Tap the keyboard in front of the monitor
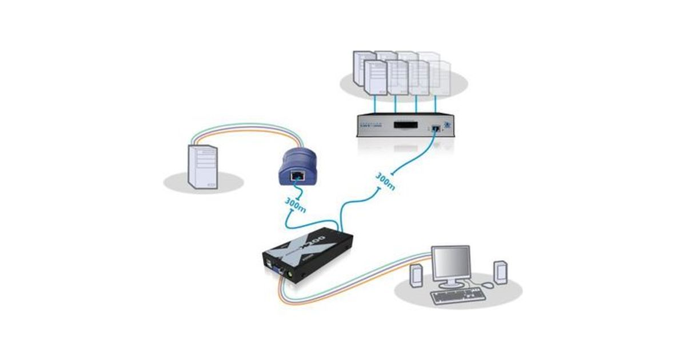[458, 295]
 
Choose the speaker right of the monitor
[500, 272]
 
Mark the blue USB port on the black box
[268, 262]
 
